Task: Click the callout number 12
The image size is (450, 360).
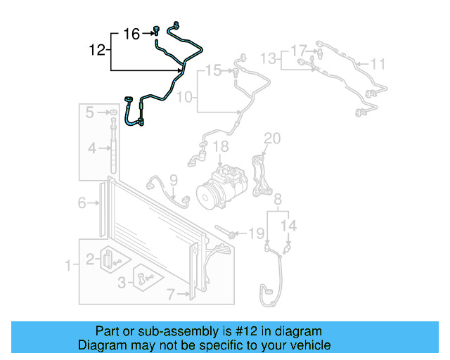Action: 97,50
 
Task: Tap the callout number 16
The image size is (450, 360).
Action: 131,33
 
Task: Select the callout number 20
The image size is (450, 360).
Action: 271,139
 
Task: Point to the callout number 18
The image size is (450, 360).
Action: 221,147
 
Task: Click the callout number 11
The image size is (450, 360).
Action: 378,65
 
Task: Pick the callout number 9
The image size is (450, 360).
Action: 173,180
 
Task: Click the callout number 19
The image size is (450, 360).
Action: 257,233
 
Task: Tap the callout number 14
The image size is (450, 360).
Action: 290,226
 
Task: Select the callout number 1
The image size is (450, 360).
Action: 68,266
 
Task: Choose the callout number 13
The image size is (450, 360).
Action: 269,57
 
